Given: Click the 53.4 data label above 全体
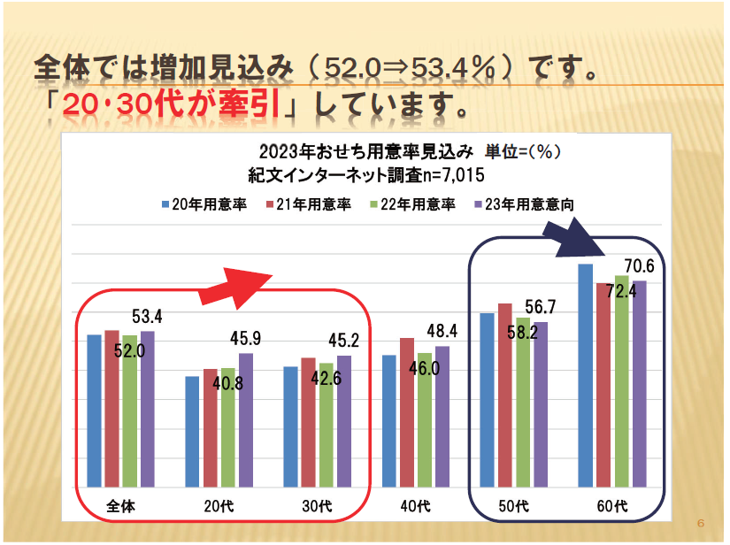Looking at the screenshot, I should [x=146, y=317].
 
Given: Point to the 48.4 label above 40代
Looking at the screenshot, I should [x=441, y=332].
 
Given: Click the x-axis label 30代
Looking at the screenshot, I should [x=317, y=507].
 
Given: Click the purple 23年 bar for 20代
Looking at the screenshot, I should [x=246, y=419].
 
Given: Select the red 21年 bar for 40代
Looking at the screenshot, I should [x=407, y=412].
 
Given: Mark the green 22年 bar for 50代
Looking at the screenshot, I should [x=523, y=402].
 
